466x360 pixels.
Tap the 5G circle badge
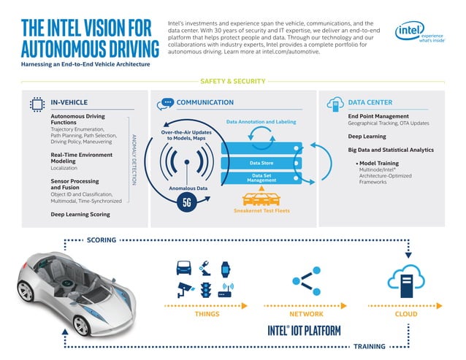[x=186, y=203]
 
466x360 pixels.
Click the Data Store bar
[x=261, y=163]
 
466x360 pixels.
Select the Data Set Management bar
[x=261, y=177]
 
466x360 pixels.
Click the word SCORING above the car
[x=102, y=240]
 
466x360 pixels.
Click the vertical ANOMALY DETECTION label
[x=133, y=158]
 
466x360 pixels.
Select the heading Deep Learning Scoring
[x=80, y=215]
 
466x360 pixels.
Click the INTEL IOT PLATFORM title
[x=304, y=331]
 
